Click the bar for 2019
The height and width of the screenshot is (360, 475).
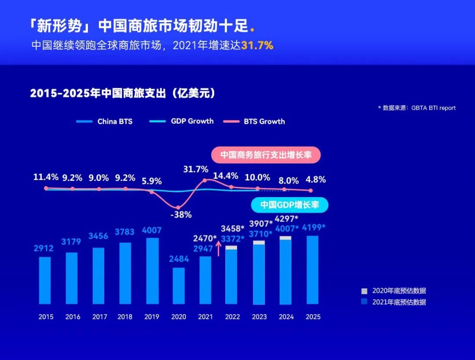point(152,271)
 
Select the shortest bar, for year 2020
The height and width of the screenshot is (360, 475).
point(179,286)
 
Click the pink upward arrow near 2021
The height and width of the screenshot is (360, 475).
point(218,249)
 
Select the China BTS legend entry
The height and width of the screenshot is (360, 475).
point(104,121)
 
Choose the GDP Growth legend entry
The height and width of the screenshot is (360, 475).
point(182,121)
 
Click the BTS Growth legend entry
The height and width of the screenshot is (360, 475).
point(254,121)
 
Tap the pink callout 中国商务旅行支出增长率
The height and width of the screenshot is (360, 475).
point(266,155)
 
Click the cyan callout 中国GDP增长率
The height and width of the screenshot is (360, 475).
point(290,205)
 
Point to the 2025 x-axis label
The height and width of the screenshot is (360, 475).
point(313,317)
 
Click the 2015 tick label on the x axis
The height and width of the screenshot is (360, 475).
point(46,317)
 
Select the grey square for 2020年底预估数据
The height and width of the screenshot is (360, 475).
point(364,291)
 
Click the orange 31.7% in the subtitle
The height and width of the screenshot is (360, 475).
point(257,45)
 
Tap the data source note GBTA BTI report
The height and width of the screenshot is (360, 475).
point(417,108)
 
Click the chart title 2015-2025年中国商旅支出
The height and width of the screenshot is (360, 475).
point(123,93)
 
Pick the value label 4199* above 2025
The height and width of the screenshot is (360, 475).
point(312,228)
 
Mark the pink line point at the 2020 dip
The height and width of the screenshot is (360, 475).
point(178,207)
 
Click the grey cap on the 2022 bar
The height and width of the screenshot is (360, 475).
point(231,248)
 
